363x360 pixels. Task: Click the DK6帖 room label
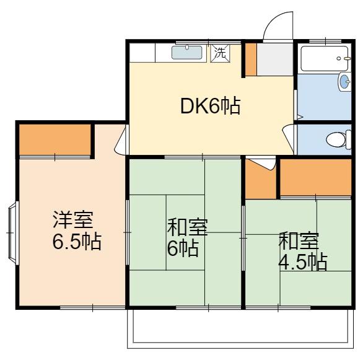click(x=210, y=106)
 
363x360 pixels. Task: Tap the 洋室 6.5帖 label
click(x=76, y=230)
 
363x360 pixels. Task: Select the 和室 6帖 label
click(x=187, y=237)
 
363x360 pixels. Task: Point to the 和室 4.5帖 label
click(x=302, y=251)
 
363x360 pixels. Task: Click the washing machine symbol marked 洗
click(x=220, y=53)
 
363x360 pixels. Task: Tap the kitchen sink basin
click(x=187, y=53)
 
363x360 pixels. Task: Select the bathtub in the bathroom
click(x=325, y=58)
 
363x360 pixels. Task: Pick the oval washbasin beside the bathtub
click(x=344, y=82)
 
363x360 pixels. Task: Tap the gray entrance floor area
click(x=275, y=59)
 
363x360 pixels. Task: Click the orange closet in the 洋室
click(x=55, y=139)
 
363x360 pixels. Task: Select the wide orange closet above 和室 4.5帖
click(x=316, y=177)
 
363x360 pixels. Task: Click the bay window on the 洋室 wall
click(x=13, y=233)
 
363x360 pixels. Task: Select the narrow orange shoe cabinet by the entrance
click(x=251, y=59)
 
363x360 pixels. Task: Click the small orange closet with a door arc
click(x=261, y=178)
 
